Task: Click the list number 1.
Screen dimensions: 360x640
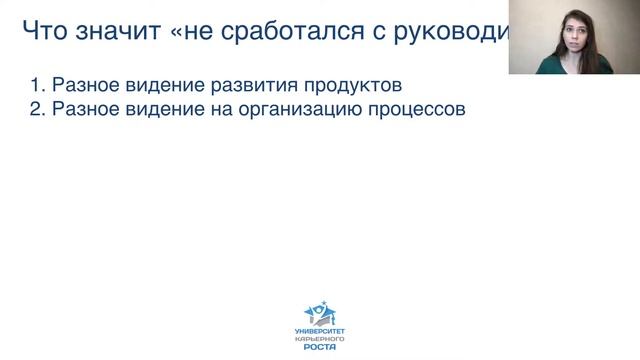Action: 35,83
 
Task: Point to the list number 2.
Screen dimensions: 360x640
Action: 35,109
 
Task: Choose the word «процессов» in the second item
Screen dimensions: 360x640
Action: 423,109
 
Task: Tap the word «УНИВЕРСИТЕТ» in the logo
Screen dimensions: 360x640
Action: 319,329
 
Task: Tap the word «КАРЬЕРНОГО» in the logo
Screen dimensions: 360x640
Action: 319,337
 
